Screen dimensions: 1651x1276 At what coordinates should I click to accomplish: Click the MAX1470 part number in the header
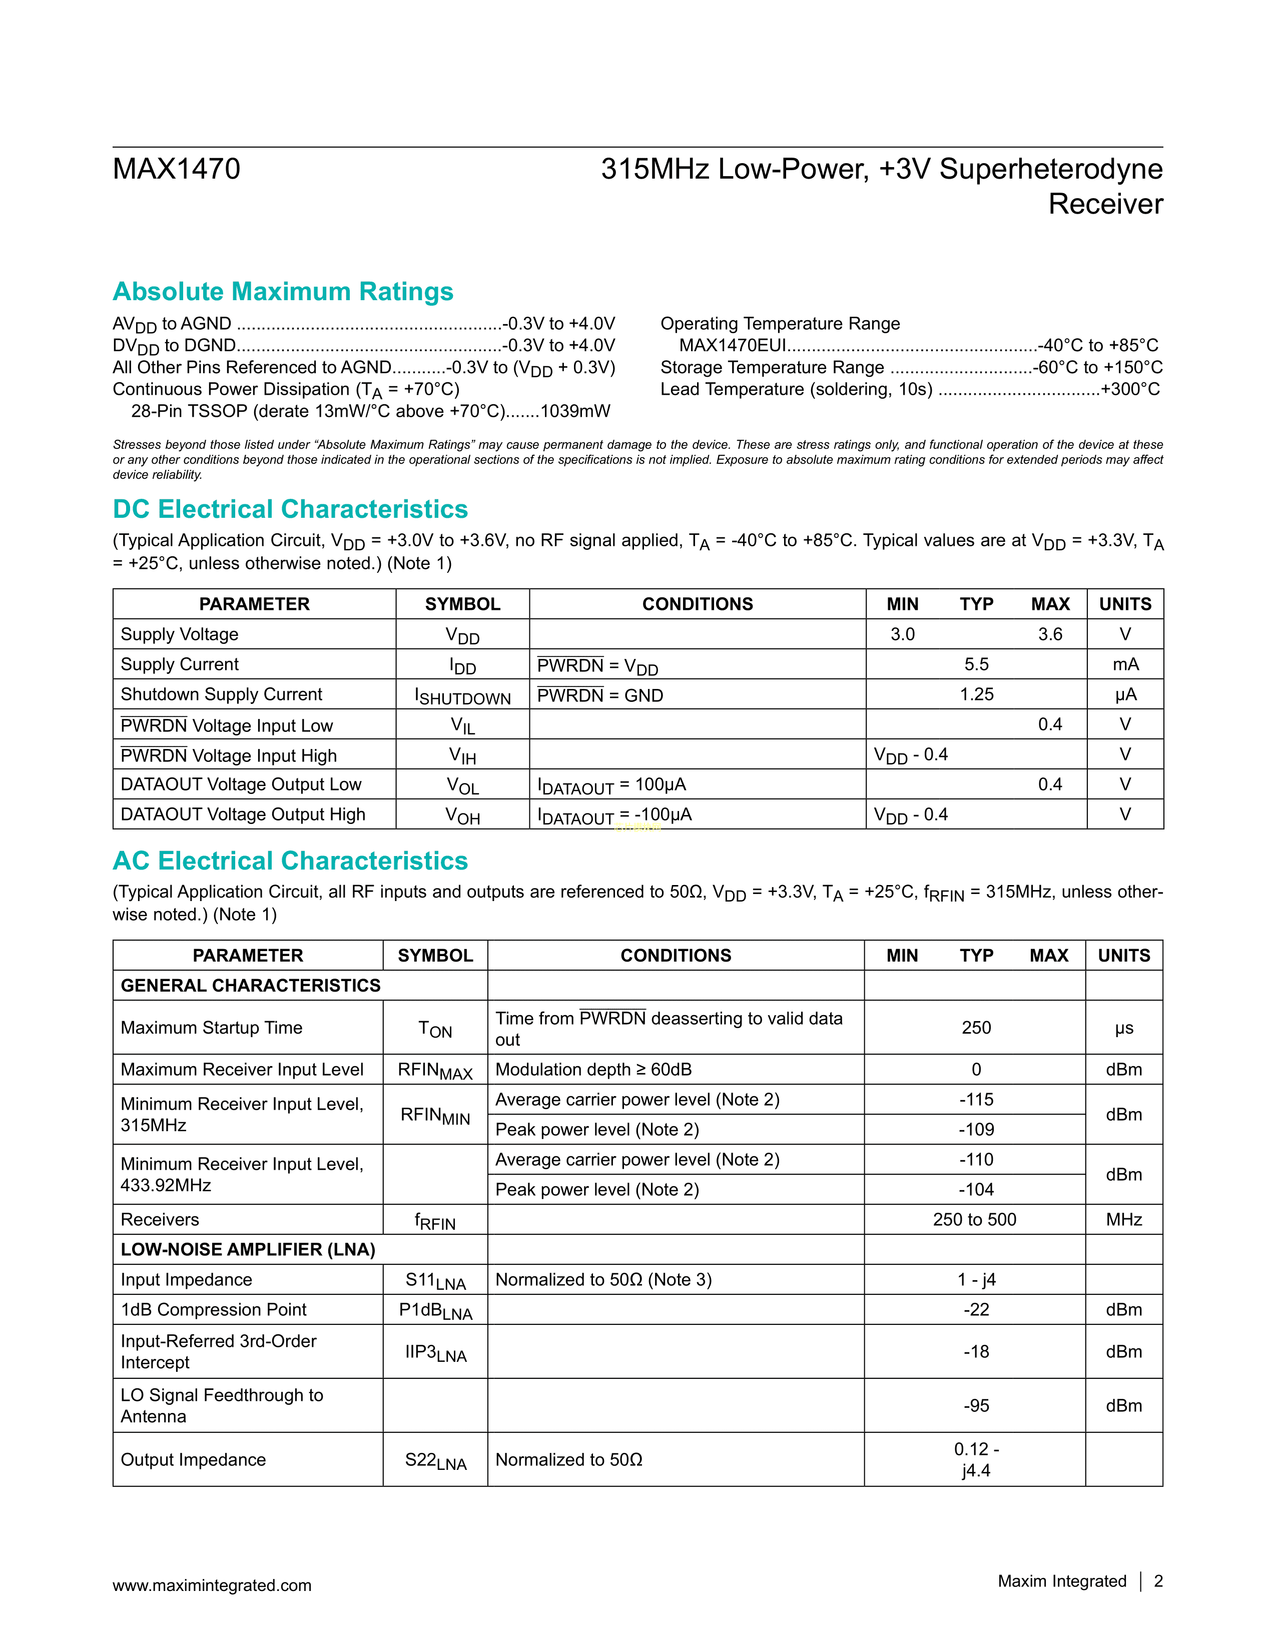click(176, 169)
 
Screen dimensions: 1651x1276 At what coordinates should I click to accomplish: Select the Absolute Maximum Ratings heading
click(283, 292)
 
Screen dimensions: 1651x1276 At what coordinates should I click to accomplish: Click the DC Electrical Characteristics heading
click(290, 509)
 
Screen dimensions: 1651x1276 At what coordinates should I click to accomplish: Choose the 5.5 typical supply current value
click(976, 664)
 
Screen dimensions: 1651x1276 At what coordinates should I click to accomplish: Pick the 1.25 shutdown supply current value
click(976, 695)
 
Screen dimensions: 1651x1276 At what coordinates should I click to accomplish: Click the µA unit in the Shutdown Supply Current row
click(1125, 695)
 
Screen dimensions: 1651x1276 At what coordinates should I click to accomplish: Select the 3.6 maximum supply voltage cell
click(1049, 634)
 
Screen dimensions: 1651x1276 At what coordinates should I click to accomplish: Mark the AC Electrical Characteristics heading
click(290, 861)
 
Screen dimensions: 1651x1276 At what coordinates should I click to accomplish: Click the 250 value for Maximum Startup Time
click(976, 1028)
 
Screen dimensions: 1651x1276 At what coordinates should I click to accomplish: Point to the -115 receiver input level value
click(976, 1100)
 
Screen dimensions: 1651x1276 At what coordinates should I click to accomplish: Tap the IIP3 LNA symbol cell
click(435, 1352)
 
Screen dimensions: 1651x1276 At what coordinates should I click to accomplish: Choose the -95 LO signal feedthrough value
click(976, 1406)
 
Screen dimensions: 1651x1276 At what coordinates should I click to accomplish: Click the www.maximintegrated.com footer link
click(212, 1585)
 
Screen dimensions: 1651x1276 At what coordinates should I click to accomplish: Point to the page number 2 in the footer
click(1158, 1581)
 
